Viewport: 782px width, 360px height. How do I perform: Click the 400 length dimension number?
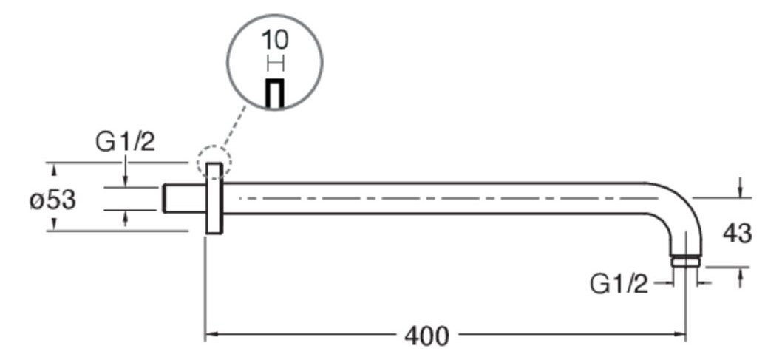[x=426, y=336]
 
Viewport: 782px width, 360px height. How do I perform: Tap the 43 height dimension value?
[x=737, y=233]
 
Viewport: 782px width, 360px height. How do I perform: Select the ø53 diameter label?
[x=53, y=200]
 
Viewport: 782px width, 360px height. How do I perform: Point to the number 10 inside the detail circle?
[x=275, y=40]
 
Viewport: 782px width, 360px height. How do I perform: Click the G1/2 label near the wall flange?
[x=125, y=142]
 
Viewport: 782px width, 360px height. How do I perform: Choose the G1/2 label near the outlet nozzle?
[x=619, y=284]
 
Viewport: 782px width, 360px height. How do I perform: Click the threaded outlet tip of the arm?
[x=686, y=261]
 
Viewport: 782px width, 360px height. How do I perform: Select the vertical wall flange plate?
[x=214, y=198]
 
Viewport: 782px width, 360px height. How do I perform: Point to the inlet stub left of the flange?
[x=184, y=198]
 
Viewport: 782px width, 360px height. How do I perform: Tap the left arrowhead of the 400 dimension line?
[x=211, y=334]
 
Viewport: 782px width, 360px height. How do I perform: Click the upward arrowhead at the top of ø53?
[x=55, y=171]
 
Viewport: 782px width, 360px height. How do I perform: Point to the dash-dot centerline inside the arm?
[x=449, y=198]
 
